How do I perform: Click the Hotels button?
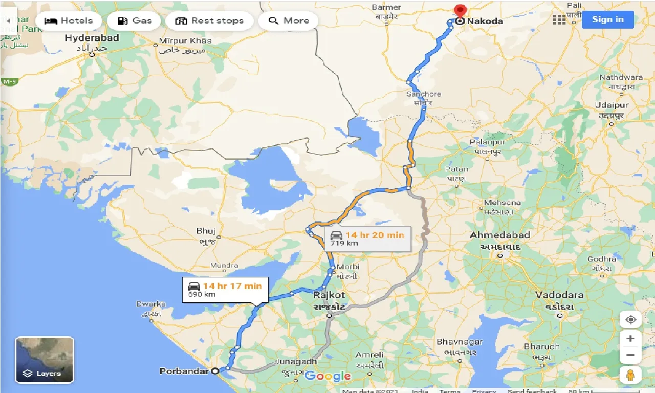click(69, 21)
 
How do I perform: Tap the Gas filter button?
click(135, 21)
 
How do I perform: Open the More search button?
click(289, 21)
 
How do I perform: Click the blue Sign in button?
click(608, 19)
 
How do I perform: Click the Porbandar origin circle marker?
click(215, 371)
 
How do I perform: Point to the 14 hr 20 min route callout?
click(367, 238)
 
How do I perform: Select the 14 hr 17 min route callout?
click(225, 289)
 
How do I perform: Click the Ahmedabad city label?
click(500, 235)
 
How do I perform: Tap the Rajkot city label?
click(329, 295)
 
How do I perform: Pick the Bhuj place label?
click(206, 231)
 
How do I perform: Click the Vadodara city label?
click(560, 295)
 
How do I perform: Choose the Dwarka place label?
click(150, 304)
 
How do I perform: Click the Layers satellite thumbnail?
click(45, 360)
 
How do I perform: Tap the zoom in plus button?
click(630, 339)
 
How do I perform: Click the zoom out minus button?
click(630, 355)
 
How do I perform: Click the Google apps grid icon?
click(559, 20)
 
